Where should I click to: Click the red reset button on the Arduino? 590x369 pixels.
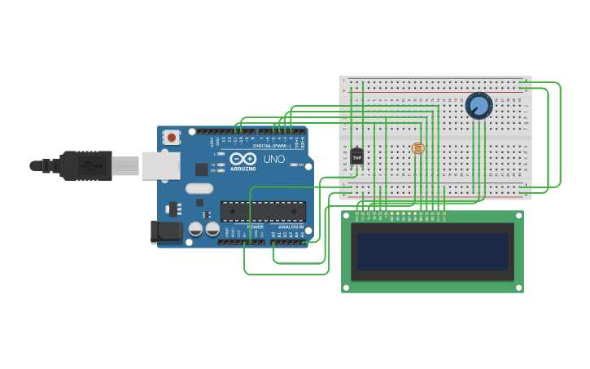[x=172, y=138]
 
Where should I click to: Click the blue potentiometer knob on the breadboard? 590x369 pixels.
[x=479, y=106]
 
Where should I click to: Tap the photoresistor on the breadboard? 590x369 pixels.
[x=418, y=148]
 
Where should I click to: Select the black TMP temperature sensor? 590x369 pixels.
[x=356, y=156]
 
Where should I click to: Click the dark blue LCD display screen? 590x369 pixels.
[x=432, y=251]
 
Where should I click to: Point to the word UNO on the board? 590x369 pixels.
[x=274, y=159]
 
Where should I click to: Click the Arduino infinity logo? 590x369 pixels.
[x=243, y=159]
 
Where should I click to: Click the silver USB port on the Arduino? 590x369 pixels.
[x=160, y=165]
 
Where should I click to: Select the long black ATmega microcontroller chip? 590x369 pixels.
[x=263, y=212]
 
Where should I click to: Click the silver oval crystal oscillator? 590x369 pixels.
[x=199, y=188]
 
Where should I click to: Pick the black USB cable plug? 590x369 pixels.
[x=85, y=165]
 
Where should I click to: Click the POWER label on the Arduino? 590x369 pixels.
[x=256, y=227]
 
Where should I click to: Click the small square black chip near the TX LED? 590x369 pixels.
[x=201, y=169]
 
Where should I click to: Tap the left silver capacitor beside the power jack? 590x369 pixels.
[x=196, y=229]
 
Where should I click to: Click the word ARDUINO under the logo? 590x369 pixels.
[x=243, y=169]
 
